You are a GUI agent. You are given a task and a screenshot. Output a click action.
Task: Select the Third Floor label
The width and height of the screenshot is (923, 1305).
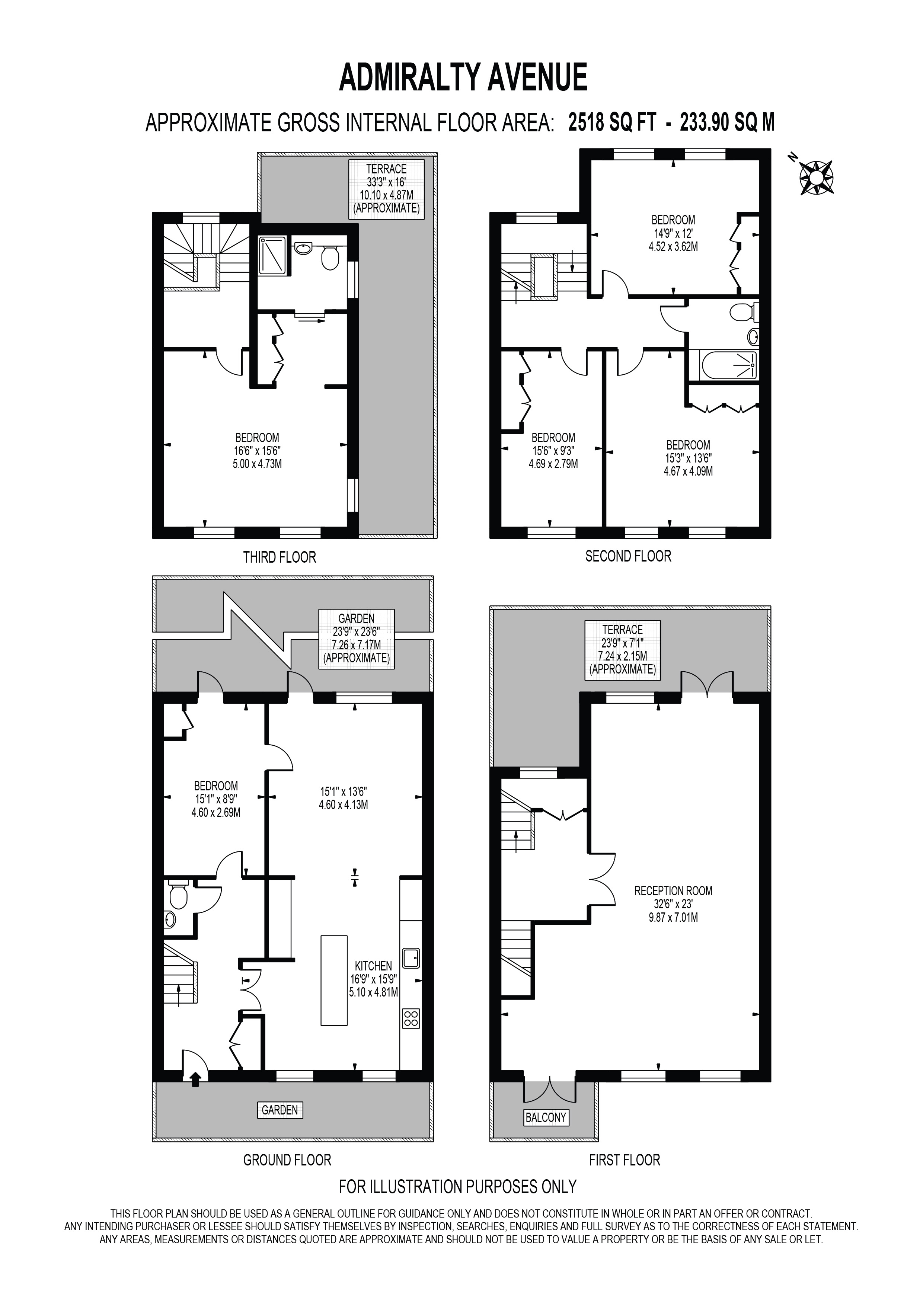click(280, 557)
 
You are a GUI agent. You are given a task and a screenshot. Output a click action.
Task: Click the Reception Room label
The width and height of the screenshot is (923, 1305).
click(674, 890)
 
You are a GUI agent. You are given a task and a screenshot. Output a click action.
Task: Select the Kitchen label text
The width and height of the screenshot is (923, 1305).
click(373, 966)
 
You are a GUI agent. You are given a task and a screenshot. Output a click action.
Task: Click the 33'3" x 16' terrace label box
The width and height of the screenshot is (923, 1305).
click(386, 189)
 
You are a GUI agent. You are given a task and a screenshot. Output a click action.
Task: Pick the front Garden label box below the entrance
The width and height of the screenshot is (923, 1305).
click(280, 1110)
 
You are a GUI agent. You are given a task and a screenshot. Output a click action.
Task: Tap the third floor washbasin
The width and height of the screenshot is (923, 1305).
click(303, 248)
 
